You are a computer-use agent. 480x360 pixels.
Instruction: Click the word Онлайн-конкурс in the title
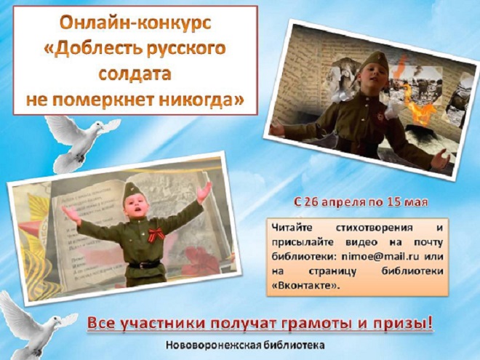(135, 23)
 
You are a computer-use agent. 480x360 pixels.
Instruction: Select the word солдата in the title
(135, 73)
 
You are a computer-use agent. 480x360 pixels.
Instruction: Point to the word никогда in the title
(201, 100)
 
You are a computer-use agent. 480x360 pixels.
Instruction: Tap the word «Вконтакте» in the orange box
(306, 286)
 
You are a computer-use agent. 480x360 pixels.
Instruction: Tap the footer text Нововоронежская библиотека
(245, 345)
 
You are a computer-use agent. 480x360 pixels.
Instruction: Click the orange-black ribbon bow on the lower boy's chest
(156, 234)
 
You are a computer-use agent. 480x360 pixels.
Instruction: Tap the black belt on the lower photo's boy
(145, 265)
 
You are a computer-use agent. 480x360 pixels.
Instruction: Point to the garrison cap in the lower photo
(132, 191)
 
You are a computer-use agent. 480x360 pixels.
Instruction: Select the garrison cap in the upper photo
(374, 62)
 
